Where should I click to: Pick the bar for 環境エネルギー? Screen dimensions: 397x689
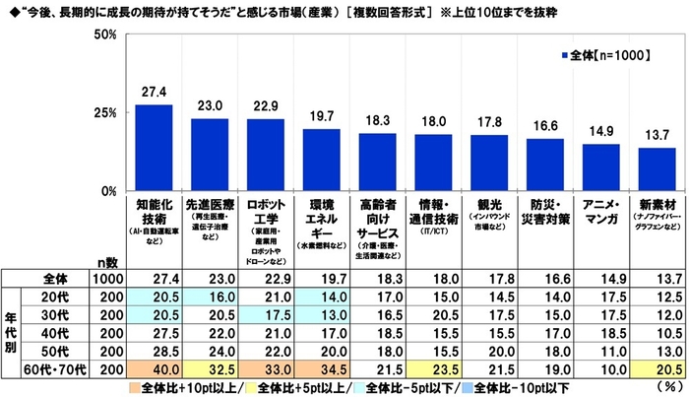coord(321,160)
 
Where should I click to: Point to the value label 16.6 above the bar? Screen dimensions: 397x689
coord(546,128)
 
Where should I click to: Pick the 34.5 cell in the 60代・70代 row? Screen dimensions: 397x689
coord(321,364)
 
